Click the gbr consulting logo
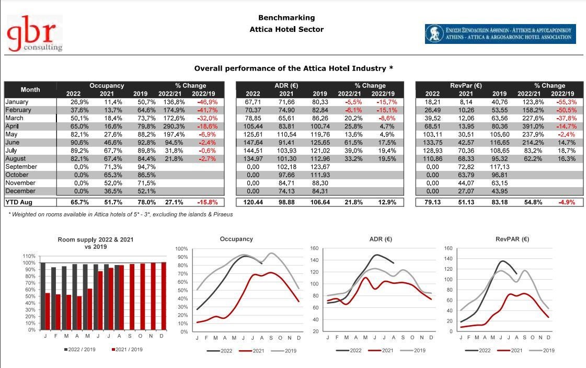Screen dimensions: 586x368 click(35, 33)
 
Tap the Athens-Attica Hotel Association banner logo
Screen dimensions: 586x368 click(500, 34)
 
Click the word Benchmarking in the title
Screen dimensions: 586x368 click(286, 18)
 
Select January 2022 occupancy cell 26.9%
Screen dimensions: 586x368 click(79, 102)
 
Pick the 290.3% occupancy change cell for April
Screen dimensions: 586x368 click(174, 126)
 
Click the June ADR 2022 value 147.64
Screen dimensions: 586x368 click(253, 142)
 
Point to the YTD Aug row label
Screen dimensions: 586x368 click(19, 202)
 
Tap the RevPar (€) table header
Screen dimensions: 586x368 click(466, 86)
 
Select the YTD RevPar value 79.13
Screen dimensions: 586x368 click(432, 202)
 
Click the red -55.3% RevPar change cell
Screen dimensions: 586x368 click(567, 102)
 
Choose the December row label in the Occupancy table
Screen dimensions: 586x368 click(20, 191)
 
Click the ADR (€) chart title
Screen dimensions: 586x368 click(381, 239)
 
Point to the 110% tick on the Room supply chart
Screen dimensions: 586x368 click(29, 256)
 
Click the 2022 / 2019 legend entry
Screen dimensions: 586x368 click(79, 350)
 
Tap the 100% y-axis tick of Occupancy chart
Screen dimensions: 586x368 click(181, 249)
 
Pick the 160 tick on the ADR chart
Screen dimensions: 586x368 click(314, 248)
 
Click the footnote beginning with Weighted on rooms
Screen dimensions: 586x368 click(120, 214)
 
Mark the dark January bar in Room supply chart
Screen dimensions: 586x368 click(43, 296)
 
